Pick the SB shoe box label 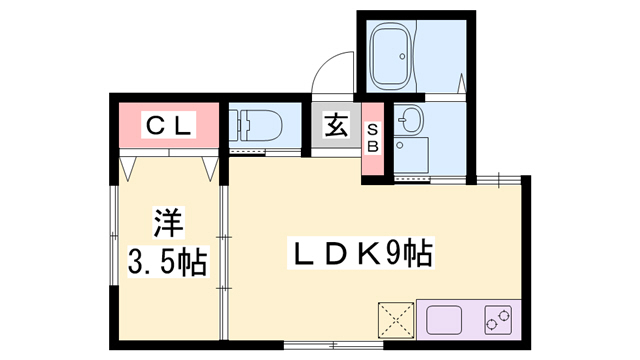372,138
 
